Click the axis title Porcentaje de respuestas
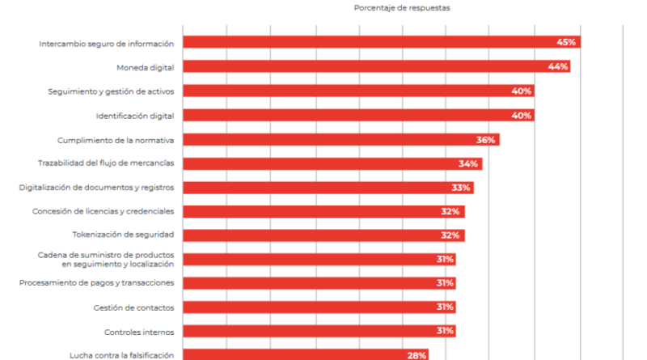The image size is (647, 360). pyautogui.click(x=402, y=7)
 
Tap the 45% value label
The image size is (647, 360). pyautogui.click(x=565, y=43)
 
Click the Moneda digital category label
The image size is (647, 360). pyautogui.click(x=146, y=67)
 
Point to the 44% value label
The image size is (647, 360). pyautogui.click(x=557, y=67)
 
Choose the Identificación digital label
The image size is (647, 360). pyautogui.click(x=135, y=116)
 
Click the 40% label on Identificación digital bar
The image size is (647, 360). pyautogui.click(x=522, y=116)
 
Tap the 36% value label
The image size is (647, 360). pyautogui.click(x=485, y=140)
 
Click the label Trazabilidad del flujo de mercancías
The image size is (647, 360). pyautogui.click(x=106, y=163)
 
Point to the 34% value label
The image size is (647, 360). pyautogui.click(x=468, y=164)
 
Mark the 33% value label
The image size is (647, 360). pyautogui.click(x=461, y=188)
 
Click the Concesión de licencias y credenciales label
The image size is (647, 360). pyautogui.click(x=103, y=211)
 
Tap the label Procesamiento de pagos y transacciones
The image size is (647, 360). pyautogui.click(x=96, y=283)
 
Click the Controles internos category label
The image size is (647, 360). pyautogui.click(x=139, y=332)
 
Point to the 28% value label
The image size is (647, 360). pyautogui.click(x=417, y=354)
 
